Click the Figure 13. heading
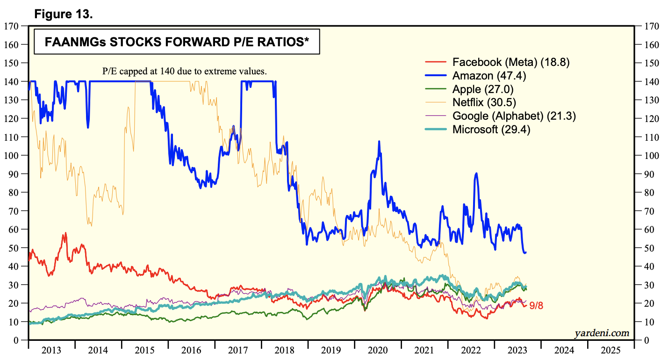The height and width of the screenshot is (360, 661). [x=64, y=14]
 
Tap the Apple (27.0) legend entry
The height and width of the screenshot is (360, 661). [x=489, y=89]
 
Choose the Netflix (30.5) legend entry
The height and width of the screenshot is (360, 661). [x=490, y=102]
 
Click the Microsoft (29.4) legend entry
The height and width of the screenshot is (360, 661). [x=498, y=130]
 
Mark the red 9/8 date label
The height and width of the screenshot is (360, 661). [x=536, y=306]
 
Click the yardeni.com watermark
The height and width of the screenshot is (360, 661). [x=602, y=333]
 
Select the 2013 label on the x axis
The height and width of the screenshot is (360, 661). [x=51, y=350]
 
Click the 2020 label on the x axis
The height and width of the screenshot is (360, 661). [x=377, y=350]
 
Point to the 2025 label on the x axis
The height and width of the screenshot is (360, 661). [x=611, y=350]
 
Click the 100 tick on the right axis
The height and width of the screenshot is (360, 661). [x=649, y=155]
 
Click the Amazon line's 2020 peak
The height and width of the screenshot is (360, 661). [x=379, y=141]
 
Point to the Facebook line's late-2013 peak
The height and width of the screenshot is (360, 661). [x=65, y=233]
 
